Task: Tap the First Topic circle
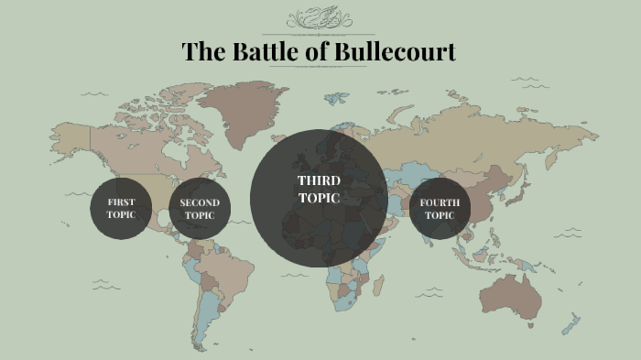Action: point(120,209)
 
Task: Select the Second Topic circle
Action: point(200,209)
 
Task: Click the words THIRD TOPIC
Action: point(319,189)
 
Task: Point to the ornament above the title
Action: point(319,19)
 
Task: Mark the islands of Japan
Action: point(521,188)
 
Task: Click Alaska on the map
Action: point(69,137)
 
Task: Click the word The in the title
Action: point(200,51)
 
